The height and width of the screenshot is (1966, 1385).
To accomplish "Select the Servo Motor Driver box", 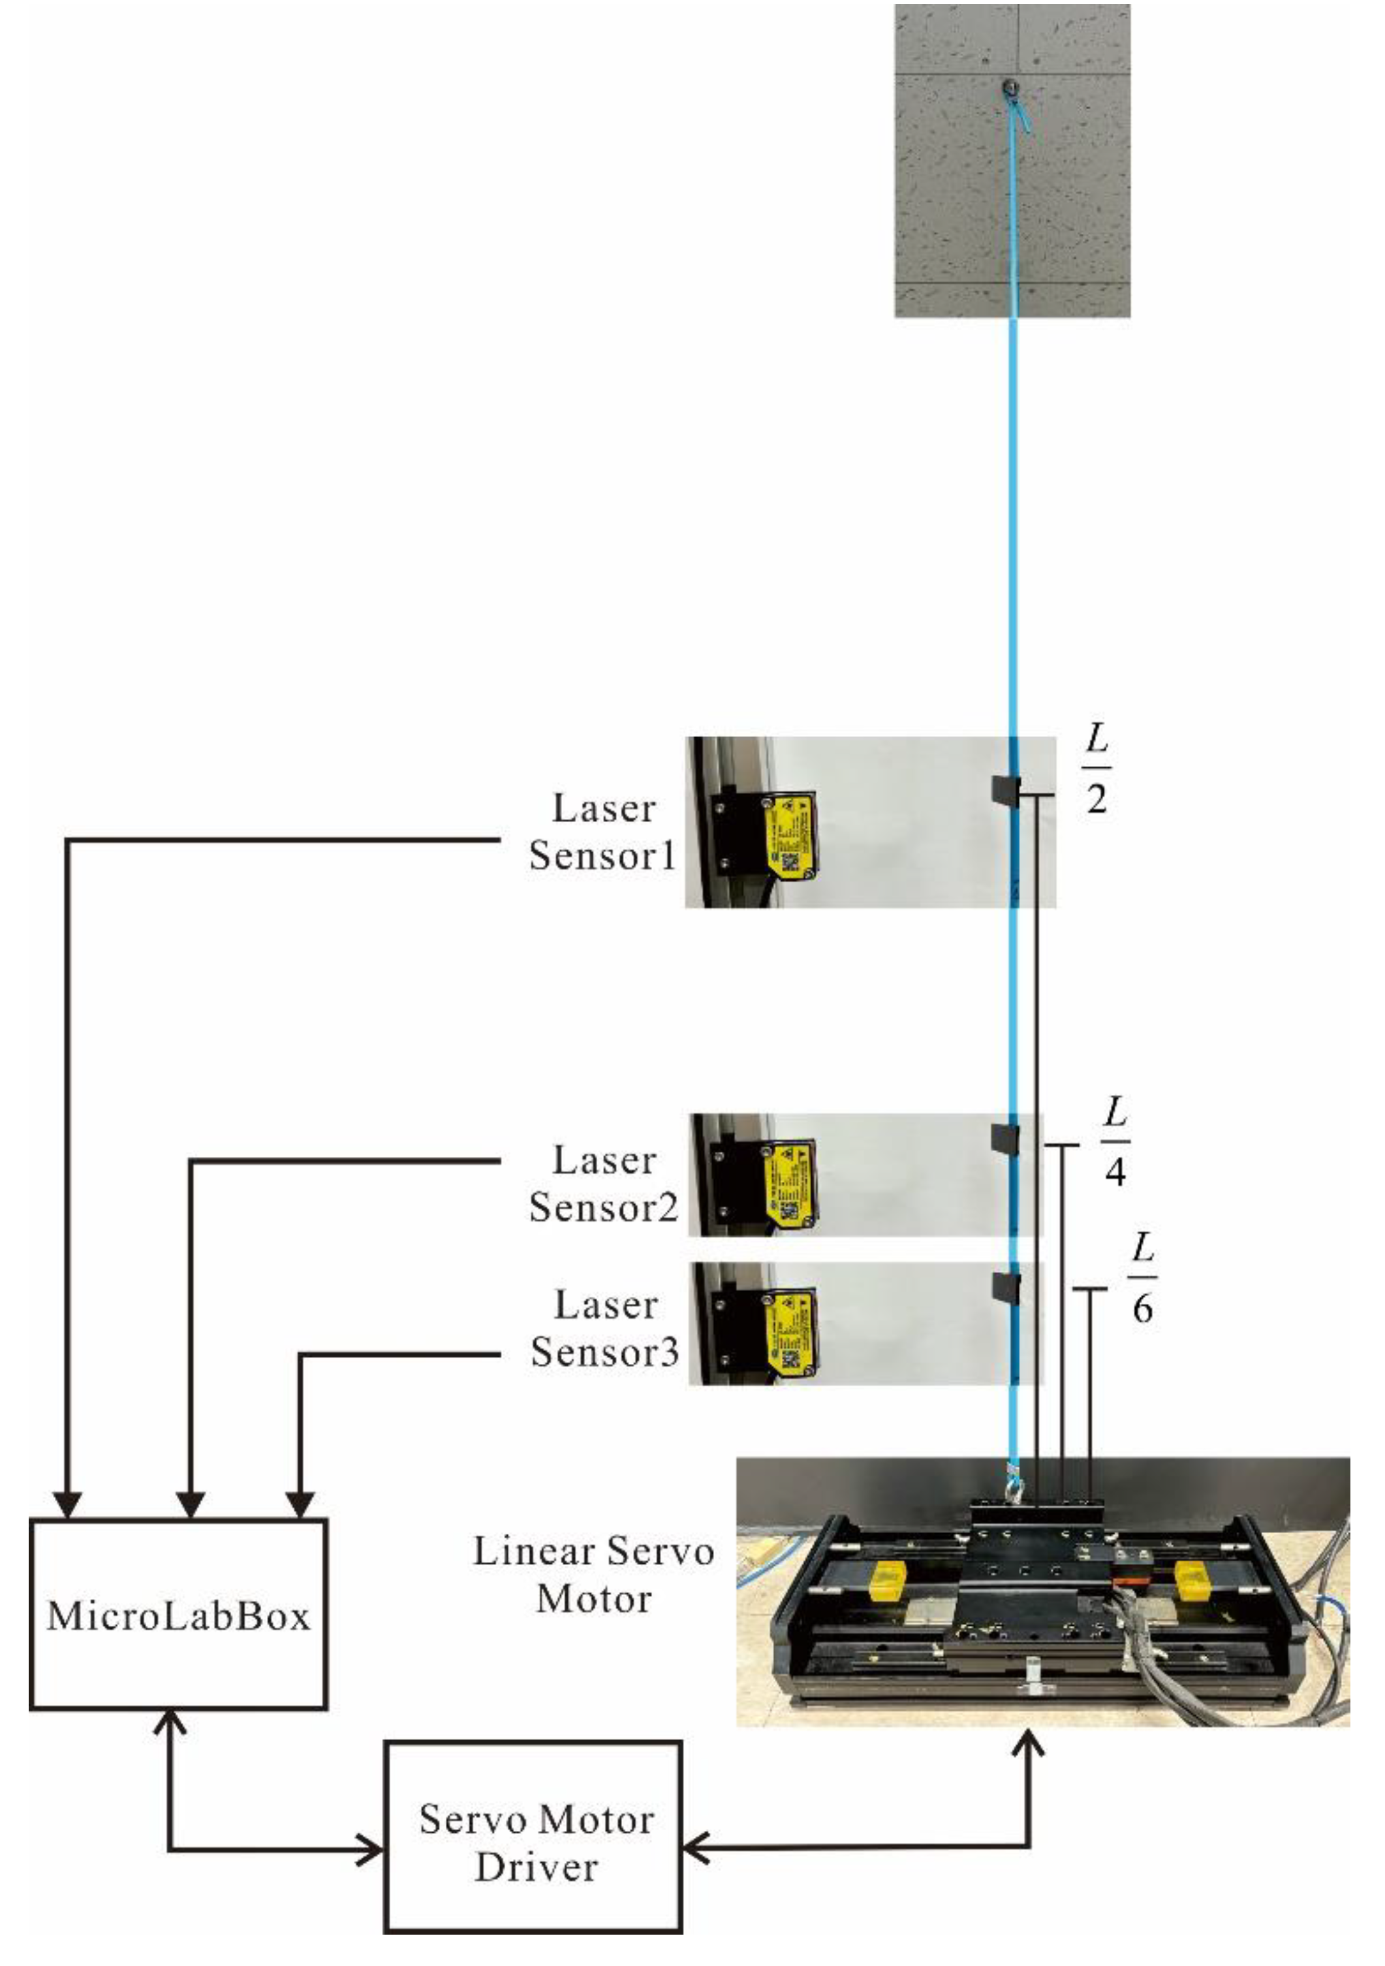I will (533, 1843).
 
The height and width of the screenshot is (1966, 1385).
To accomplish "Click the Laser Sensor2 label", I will (602, 1184).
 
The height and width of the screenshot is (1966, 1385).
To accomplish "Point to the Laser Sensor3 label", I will (604, 1328).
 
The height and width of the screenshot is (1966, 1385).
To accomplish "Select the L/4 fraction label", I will (1113, 1141).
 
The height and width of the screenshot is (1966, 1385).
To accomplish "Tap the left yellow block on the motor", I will (888, 1580).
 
